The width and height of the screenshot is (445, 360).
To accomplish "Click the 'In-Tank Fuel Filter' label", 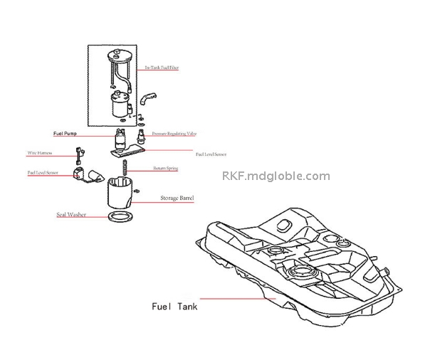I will click(162, 68).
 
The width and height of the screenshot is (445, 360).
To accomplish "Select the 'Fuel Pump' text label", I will click(66, 133).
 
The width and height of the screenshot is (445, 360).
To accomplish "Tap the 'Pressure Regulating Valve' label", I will click(174, 133).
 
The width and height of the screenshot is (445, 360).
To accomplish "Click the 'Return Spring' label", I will click(165, 169).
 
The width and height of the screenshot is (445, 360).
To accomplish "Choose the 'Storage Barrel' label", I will click(177, 198).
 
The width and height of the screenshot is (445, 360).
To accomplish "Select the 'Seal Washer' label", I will click(70, 213).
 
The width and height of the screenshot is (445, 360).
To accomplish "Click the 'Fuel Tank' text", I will click(175, 307).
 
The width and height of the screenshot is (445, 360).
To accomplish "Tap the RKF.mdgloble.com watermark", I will click(276, 176).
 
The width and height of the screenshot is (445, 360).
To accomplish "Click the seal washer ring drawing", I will click(122, 216).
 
